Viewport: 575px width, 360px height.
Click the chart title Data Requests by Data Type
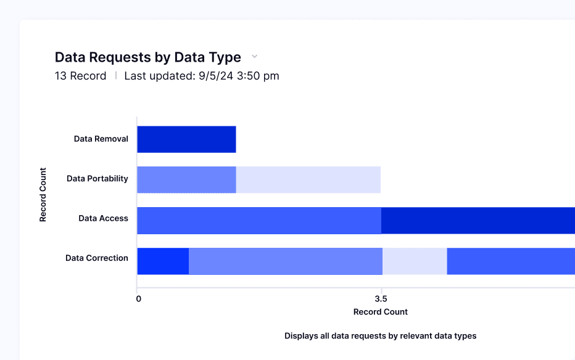point(147,57)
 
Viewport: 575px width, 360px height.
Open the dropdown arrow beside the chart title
point(254,57)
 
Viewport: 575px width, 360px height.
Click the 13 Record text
point(80,76)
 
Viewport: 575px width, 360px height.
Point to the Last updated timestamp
point(202,76)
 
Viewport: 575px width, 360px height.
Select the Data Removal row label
point(101,139)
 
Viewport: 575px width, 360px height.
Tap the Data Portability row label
point(97,179)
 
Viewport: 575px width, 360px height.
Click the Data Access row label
point(103,218)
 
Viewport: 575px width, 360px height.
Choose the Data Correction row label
point(97,258)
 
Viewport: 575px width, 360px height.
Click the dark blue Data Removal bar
point(186,139)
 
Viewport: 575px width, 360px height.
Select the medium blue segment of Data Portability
point(186,179)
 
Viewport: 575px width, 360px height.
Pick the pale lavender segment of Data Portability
point(308,179)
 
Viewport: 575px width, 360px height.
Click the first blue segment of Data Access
point(259,220)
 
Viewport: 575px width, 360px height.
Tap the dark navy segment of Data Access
point(478,220)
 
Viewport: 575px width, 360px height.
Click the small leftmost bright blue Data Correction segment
point(163,261)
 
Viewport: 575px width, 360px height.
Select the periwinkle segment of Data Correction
point(285,261)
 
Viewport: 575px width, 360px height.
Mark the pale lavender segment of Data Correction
point(415,261)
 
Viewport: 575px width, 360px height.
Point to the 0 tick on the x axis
point(138,299)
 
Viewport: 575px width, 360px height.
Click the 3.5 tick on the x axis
point(381,299)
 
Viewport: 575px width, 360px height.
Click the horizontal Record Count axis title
point(380,312)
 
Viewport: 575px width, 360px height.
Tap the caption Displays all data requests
point(380,336)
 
